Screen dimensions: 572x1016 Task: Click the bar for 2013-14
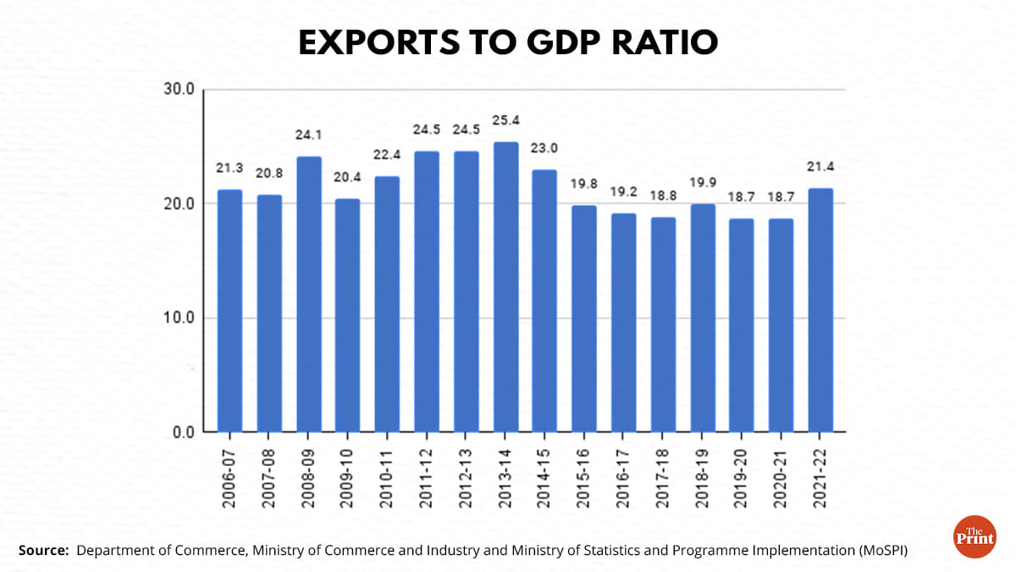pos(505,287)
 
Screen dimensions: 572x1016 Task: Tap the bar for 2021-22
pos(820,310)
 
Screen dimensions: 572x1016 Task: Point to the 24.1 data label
pos(309,135)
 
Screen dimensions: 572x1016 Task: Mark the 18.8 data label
pos(663,196)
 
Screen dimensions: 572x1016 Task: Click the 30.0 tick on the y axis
pos(179,90)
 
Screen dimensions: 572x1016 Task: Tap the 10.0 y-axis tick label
pos(179,319)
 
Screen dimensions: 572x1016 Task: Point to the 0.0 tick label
pos(183,433)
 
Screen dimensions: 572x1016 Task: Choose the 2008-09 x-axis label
pos(309,478)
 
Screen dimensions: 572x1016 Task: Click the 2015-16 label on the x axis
pos(584,478)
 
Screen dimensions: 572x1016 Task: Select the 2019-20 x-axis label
pos(742,478)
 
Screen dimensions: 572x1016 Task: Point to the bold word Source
pos(43,551)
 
